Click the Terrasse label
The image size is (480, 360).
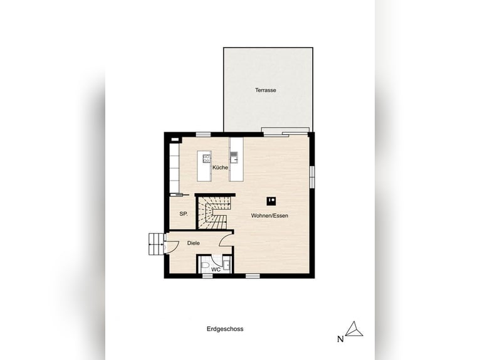coord(265,90)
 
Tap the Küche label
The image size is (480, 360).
coord(220,168)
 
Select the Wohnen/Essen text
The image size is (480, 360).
coord(270,216)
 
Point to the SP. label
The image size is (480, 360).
coord(184,214)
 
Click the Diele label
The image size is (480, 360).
coord(193,243)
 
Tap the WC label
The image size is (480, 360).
coord(215,270)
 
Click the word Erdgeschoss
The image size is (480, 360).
coord(224,329)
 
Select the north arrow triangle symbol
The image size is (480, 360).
coord(355,329)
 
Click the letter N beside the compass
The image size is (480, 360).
coord(340,339)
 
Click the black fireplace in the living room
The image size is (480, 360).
coord(271,201)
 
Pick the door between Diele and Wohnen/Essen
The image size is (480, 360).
coord(226,240)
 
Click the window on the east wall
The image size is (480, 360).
coord(311,176)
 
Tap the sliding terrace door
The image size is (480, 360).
coord(285,132)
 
